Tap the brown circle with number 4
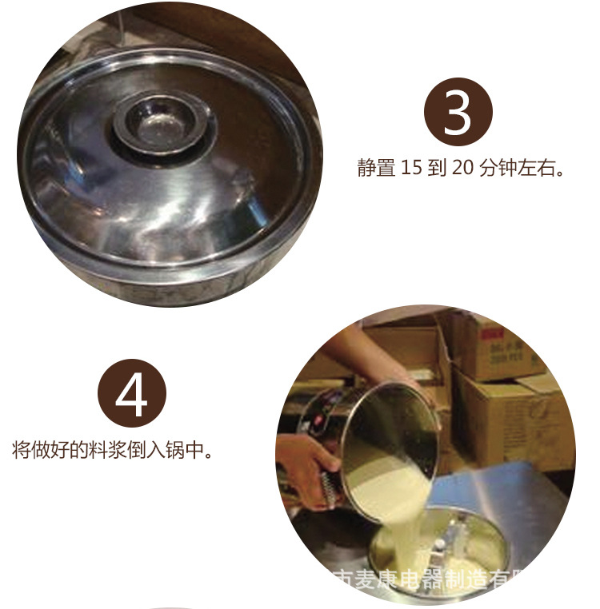click(131, 392)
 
